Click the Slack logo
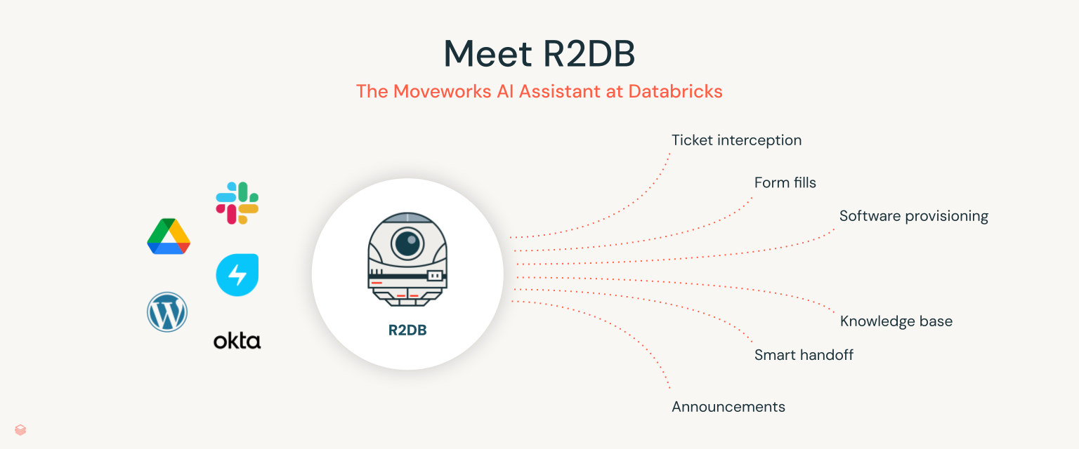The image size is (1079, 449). click(237, 203)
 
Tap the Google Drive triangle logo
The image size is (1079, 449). click(169, 236)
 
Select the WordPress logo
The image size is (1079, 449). click(167, 312)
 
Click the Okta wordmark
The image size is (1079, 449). click(237, 342)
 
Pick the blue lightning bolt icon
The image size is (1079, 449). click(237, 274)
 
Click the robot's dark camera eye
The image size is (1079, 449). click(407, 243)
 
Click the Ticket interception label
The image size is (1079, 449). click(736, 140)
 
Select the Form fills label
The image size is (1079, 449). click(785, 183)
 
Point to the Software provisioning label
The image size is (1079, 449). click(913, 216)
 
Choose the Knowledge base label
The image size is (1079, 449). click(896, 322)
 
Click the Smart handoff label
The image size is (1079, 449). click(804, 355)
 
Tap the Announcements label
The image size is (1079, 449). click(728, 407)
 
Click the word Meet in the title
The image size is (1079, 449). click(485, 53)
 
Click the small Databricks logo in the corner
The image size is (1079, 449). click(20, 430)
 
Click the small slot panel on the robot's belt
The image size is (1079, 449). click(436, 276)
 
